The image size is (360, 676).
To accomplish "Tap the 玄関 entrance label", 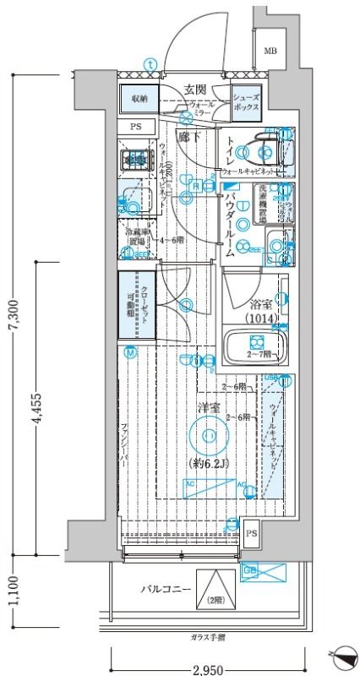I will coord(197,90).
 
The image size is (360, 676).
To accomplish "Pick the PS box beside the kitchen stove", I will coord(136,128).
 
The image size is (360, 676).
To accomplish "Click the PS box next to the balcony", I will coord(252,532).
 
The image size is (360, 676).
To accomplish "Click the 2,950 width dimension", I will coord(207,668).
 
